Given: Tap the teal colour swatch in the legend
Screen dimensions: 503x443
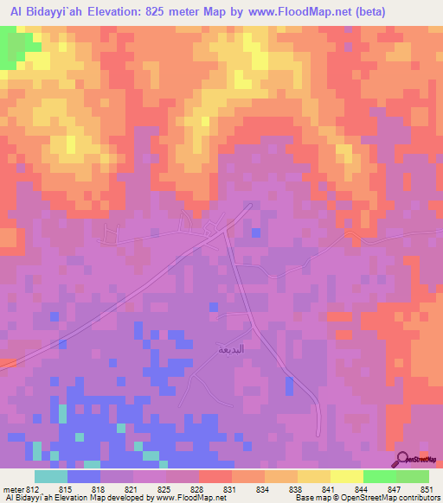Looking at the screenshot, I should pos(50,476).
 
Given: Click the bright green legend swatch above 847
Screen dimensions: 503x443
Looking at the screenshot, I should pos(379,476).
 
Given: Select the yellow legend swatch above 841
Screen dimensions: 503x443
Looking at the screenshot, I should pos(313,476).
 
